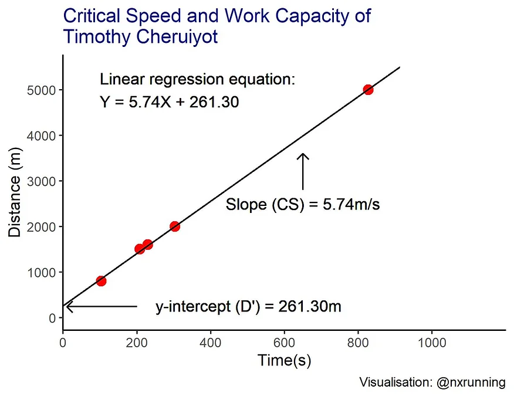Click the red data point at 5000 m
pos(368,90)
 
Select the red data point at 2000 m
pos(174,226)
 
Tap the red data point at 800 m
pos(101,281)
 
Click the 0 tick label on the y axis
pos(52,318)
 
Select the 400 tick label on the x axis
pos(210,344)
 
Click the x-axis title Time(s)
pos(284,361)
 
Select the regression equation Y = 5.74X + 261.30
pos(169,103)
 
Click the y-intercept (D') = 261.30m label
pos(248,307)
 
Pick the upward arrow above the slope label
pos(303,171)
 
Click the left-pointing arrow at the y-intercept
pos(100,306)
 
